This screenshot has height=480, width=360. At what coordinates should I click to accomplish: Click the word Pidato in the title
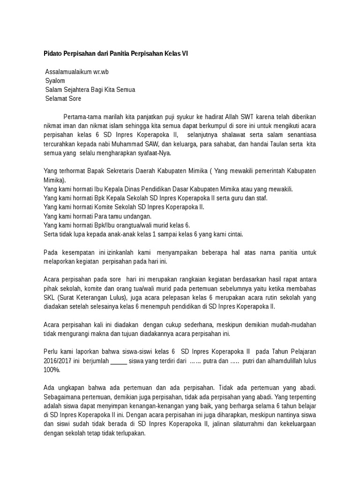[x=53, y=54]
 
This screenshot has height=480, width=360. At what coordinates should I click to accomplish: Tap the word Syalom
[x=55, y=81]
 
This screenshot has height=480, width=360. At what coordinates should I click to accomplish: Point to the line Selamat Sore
[x=63, y=98]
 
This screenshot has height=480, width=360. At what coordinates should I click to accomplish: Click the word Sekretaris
[x=121, y=171]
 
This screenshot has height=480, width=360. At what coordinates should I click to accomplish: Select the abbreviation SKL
[x=50, y=298]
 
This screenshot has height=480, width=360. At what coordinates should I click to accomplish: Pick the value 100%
[x=52, y=370]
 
